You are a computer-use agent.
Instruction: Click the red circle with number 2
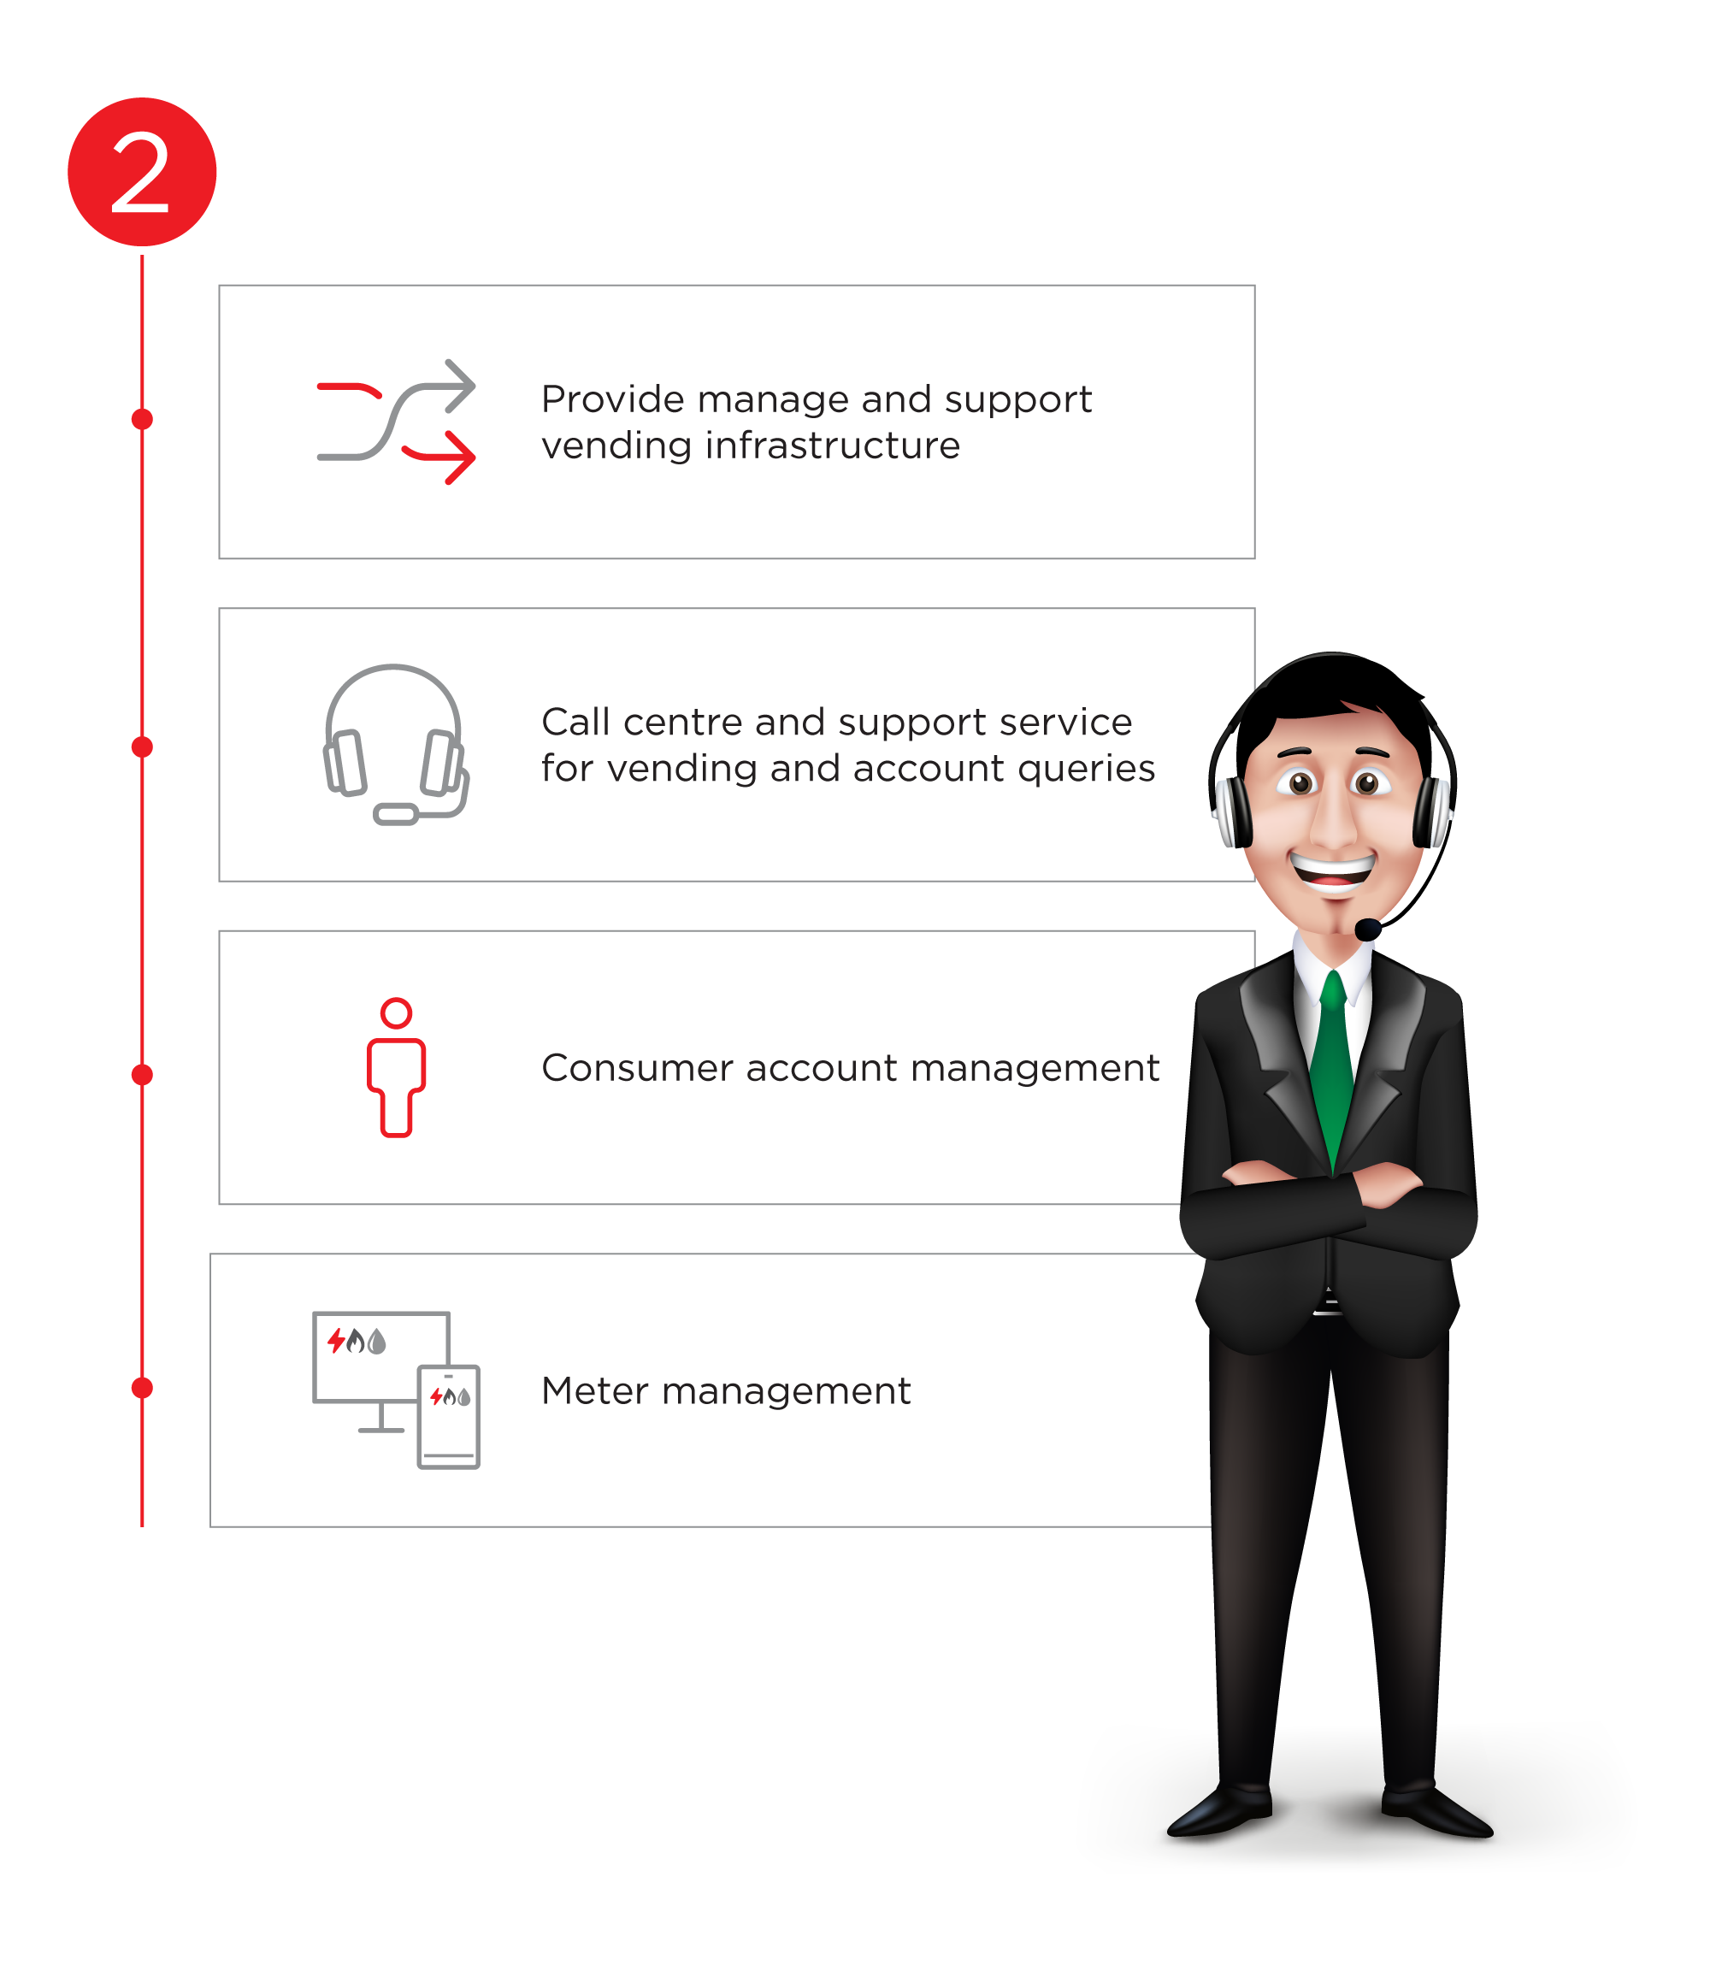(142, 172)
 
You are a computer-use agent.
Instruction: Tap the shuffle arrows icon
(396, 422)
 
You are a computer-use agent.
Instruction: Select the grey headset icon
(395, 745)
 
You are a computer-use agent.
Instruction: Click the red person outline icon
(396, 1068)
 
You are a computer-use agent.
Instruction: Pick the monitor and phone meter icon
(396, 1390)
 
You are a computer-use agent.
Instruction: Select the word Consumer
(634, 1068)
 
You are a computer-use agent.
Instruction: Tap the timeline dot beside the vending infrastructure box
(142, 419)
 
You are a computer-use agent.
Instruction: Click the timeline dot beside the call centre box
(142, 747)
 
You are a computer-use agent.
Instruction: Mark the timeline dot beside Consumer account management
(142, 1075)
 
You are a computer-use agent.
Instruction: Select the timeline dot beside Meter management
(142, 1388)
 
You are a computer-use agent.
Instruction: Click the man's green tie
(1332, 1067)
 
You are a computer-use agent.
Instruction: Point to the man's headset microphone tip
(1366, 929)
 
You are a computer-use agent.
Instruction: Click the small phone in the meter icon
(449, 1417)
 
